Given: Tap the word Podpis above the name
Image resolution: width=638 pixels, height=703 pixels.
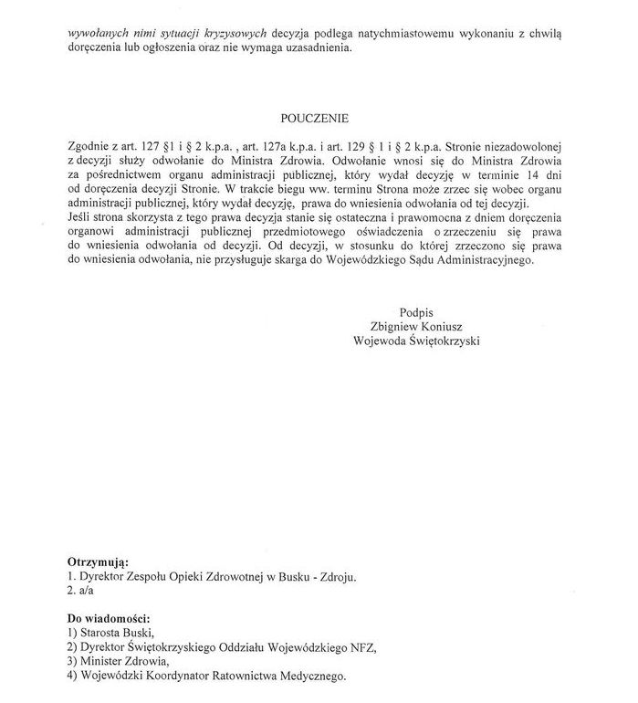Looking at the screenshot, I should point(416,312).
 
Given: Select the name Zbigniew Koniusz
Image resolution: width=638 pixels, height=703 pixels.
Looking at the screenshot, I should point(416,327).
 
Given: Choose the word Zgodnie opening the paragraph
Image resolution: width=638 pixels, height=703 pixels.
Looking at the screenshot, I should point(89,144).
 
